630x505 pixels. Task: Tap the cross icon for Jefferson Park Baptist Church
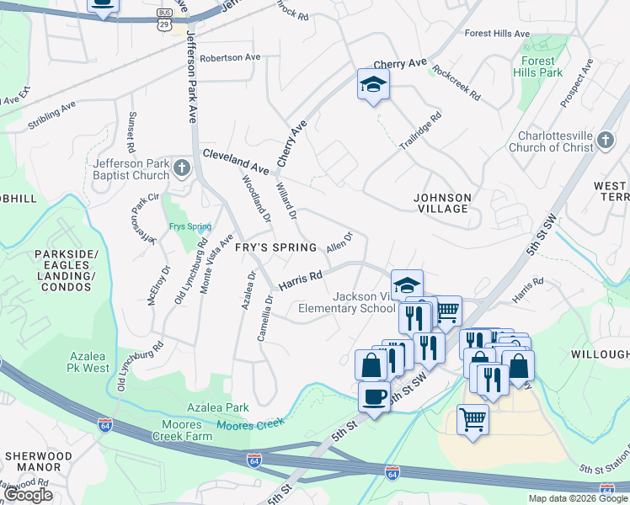[x=181, y=170]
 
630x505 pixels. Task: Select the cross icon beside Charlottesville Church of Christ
[x=607, y=144]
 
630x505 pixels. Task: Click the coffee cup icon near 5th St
[x=374, y=396]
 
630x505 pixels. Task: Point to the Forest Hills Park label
[x=537, y=66]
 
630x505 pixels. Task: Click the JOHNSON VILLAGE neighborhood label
[x=442, y=203]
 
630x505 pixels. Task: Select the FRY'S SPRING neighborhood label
[x=275, y=247]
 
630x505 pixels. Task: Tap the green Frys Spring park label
[x=188, y=226]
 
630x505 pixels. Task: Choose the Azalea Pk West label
[x=88, y=361]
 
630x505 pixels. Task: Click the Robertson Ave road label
[x=230, y=57]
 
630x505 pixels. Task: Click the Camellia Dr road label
[x=266, y=316]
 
